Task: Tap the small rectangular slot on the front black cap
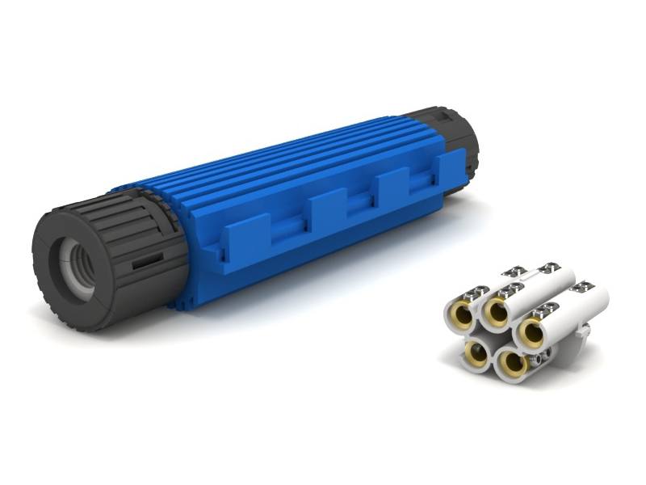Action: pos(147,262)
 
